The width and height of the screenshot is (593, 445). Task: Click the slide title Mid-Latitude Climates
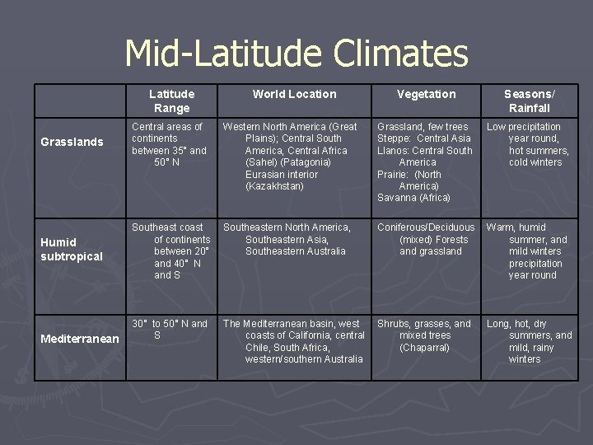(296, 54)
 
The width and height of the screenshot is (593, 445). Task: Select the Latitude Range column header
(171, 101)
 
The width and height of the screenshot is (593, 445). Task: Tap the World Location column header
(294, 94)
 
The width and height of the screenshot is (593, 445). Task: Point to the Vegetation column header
(426, 94)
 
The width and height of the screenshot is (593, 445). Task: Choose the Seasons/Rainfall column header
(529, 101)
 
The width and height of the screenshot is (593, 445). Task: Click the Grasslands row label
(72, 142)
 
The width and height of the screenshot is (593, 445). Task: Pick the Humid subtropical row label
(72, 249)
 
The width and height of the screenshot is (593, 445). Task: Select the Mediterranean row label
(79, 339)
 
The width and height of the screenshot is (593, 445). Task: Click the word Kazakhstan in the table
(275, 186)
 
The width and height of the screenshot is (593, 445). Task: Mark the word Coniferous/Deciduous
(426, 227)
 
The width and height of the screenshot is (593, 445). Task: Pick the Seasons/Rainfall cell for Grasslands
(528, 144)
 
